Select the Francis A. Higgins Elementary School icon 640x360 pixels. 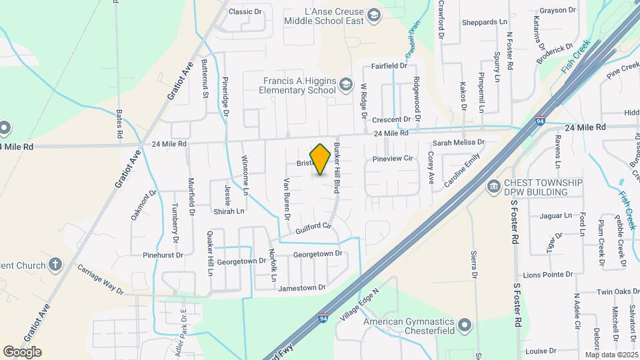345,84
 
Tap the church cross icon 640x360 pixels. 55,265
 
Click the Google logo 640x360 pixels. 22,352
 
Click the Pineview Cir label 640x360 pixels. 393,159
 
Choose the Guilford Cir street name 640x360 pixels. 313,228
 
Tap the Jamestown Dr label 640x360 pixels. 302,288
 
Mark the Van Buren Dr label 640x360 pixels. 286,198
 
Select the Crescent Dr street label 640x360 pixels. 391,120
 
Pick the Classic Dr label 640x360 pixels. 245,11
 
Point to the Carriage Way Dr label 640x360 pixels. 100,279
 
